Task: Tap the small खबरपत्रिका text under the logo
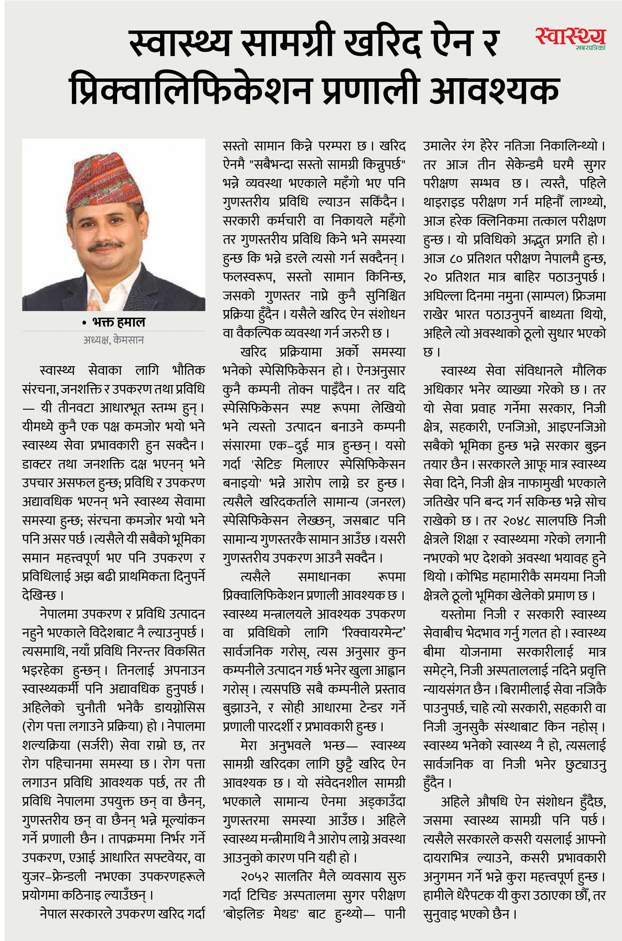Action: click(x=590, y=48)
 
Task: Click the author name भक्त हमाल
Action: click(x=119, y=322)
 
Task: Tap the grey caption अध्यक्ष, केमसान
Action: click(x=114, y=340)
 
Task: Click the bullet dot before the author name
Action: click(x=84, y=323)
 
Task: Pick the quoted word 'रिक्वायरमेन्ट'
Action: click(x=373, y=632)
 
